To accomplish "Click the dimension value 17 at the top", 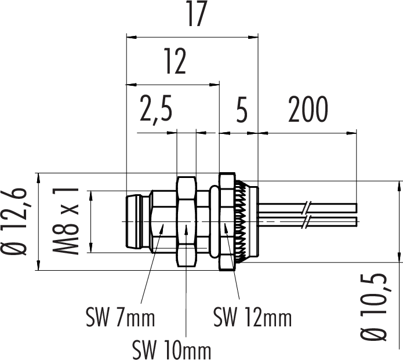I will tap(196, 15).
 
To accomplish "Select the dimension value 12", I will tap(174, 62).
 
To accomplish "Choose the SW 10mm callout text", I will tap(172, 350).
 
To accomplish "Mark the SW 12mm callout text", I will tap(252, 318).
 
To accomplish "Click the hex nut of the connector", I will tap(186, 221).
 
